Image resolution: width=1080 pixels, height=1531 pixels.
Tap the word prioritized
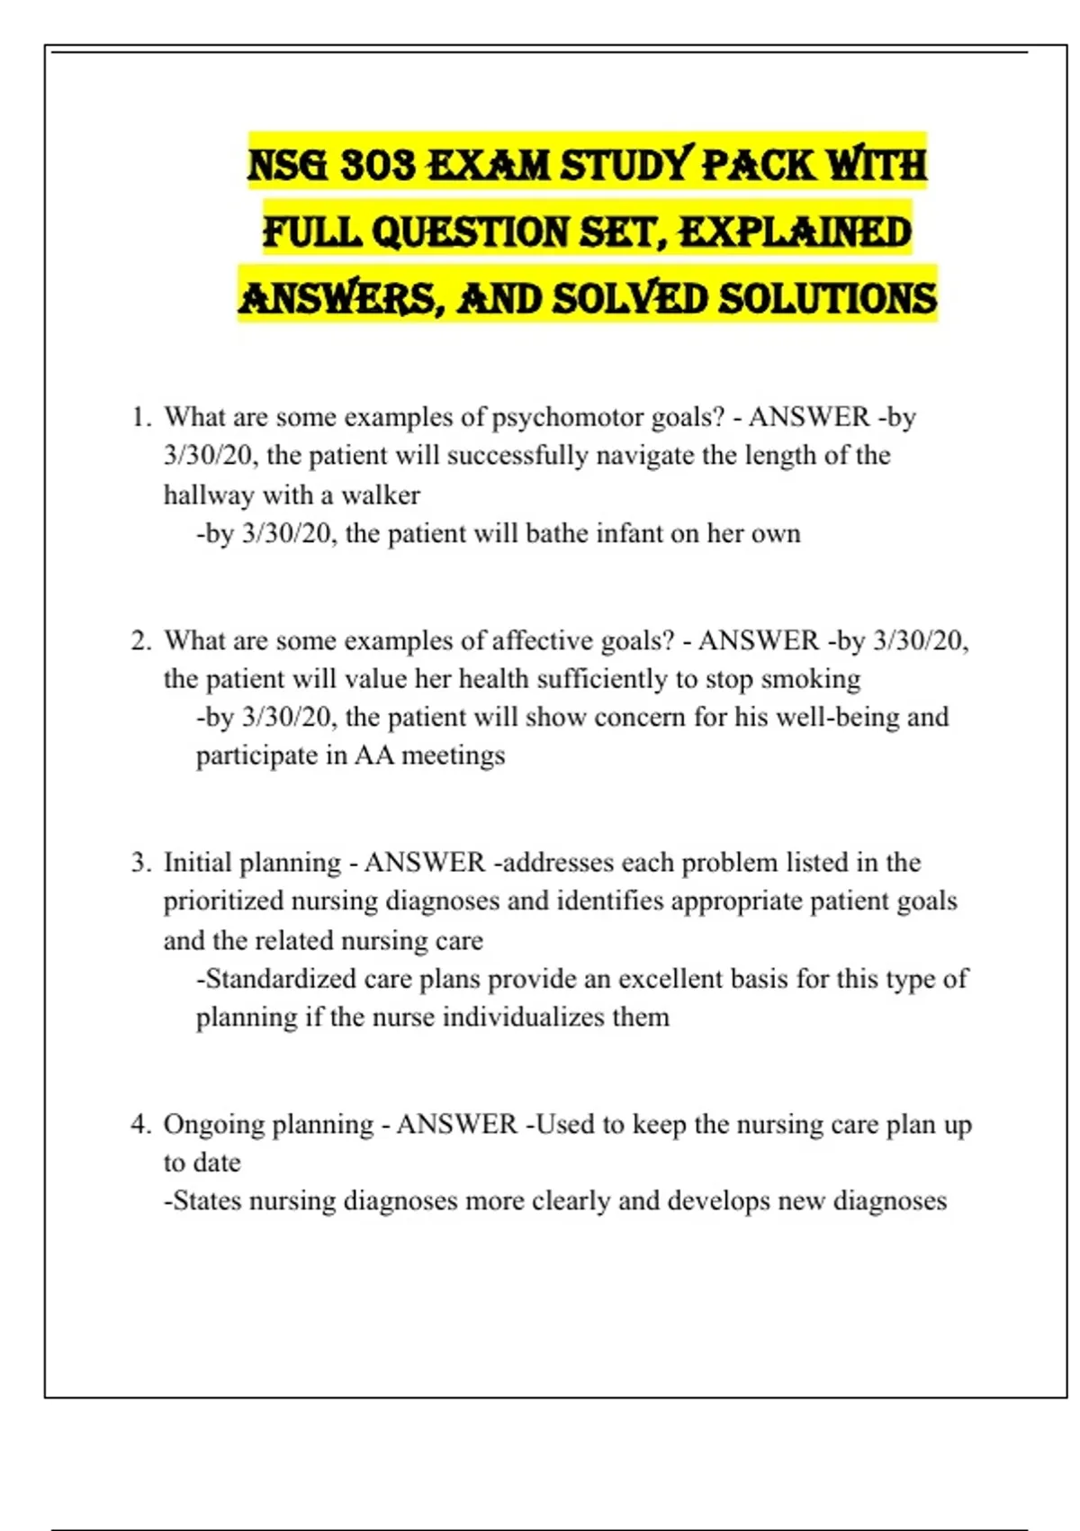pyautogui.click(x=223, y=901)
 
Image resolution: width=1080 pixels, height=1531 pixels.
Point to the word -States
pyautogui.click(x=202, y=1200)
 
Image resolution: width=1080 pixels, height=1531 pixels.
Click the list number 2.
pyautogui.click(x=140, y=640)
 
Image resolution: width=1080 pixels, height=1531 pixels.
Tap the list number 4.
pyautogui.click(x=140, y=1124)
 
